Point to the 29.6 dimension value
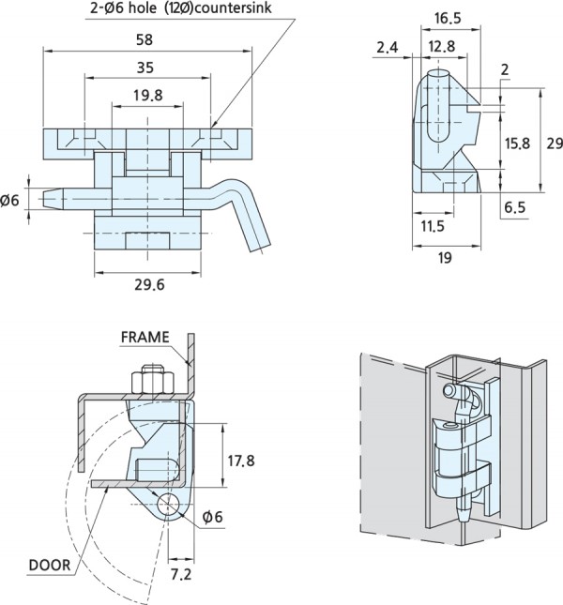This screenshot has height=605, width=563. pos(148,285)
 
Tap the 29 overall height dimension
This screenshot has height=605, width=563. pos(554,143)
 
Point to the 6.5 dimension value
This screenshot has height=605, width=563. pos(514,208)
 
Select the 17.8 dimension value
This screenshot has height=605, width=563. pos(241,460)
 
